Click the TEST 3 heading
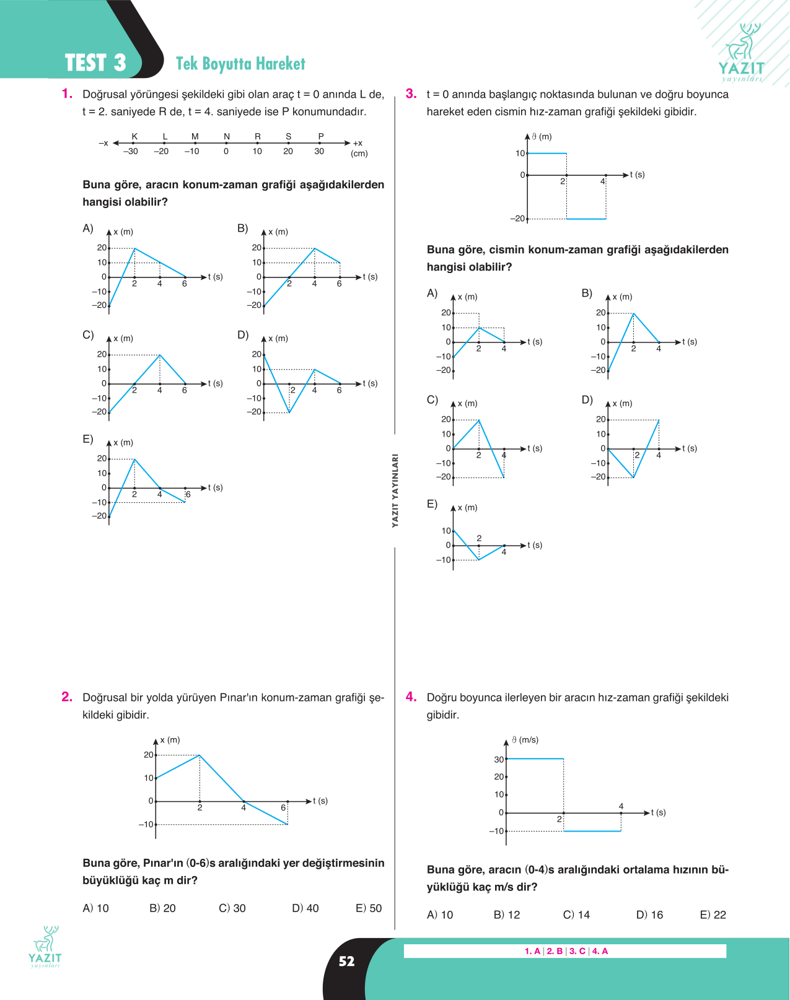[x=95, y=63]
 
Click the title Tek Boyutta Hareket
[x=240, y=64]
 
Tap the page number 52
[x=346, y=961]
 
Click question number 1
[x=67, y=93]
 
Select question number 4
[x=411, y=697]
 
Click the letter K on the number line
[x=134, y=136]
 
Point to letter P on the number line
[x=321, y=136]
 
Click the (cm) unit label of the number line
[x=359, y=154]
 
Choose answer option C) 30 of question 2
[x=232, y=908]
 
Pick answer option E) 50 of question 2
[x=369, y=908]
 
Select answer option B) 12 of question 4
[x=507, y=915]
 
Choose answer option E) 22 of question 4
[x=713, y=915]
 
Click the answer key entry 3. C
[x=577, y=951]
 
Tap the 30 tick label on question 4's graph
[x=498, y=760]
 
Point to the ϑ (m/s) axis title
[x=525, y=740]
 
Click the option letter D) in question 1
[x=243, y=335]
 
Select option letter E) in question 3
[x=432, y=504]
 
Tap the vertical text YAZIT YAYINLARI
[x=395, y=490]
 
